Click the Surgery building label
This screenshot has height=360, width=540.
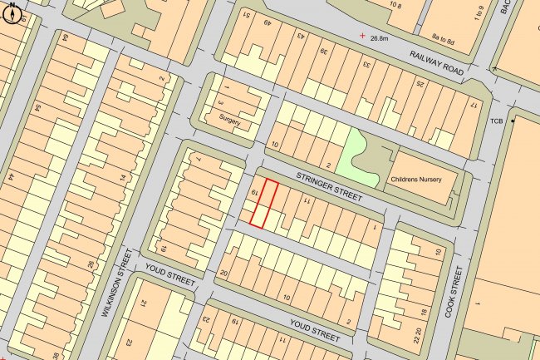230,121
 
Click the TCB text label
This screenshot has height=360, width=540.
498,121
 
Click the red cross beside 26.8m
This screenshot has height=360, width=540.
361,36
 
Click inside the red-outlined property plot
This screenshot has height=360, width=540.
263,203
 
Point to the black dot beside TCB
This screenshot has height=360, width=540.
513,121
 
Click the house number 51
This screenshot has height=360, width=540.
246,16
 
